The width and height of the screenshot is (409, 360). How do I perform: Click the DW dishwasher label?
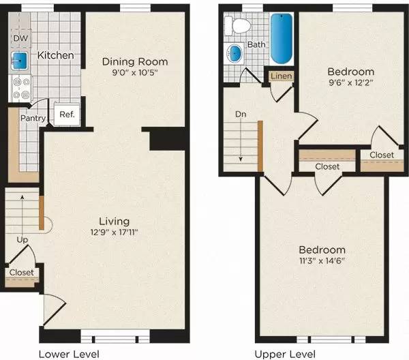pos(21,38)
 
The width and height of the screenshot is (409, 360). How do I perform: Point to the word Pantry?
pos(33,119)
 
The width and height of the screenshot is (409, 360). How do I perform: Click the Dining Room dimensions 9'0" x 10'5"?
pos(134,74)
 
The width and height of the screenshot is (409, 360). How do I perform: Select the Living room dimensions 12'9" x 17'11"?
pos(110,232)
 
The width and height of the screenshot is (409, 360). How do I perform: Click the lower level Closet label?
pos(22,273)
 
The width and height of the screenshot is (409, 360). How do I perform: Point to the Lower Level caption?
pos(69,354)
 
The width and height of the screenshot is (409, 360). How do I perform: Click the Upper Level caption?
pos(286,354)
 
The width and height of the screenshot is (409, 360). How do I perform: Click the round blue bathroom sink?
pos(236,53)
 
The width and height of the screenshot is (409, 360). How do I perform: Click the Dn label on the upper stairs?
pos(239,115)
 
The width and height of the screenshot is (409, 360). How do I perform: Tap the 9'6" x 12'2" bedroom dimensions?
pos(350,84)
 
